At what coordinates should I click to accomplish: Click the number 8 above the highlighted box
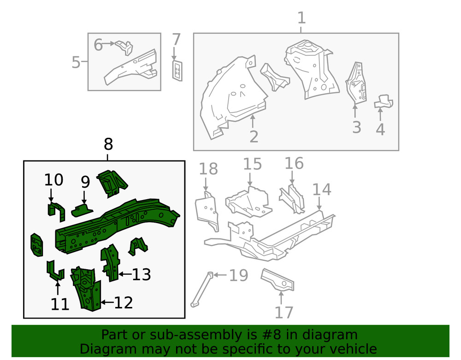pyautogui.click(x=108, y=145)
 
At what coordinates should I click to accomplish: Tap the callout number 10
pyautogui.click(x=53, y=180)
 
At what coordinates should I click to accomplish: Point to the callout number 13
pyautogui.click(x=142, y=275)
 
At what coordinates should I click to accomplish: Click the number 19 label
pyautogui.click(x=238, y=276)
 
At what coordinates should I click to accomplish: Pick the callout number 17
pyautogui.click(x=284, y=312)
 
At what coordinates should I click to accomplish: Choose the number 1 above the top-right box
pyautogui.click(x=301, y=18)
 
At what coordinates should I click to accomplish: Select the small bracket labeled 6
pyautogui.click(x=124, y=47)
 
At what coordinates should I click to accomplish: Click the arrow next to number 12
pyautogui.click(x=106, y=303)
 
